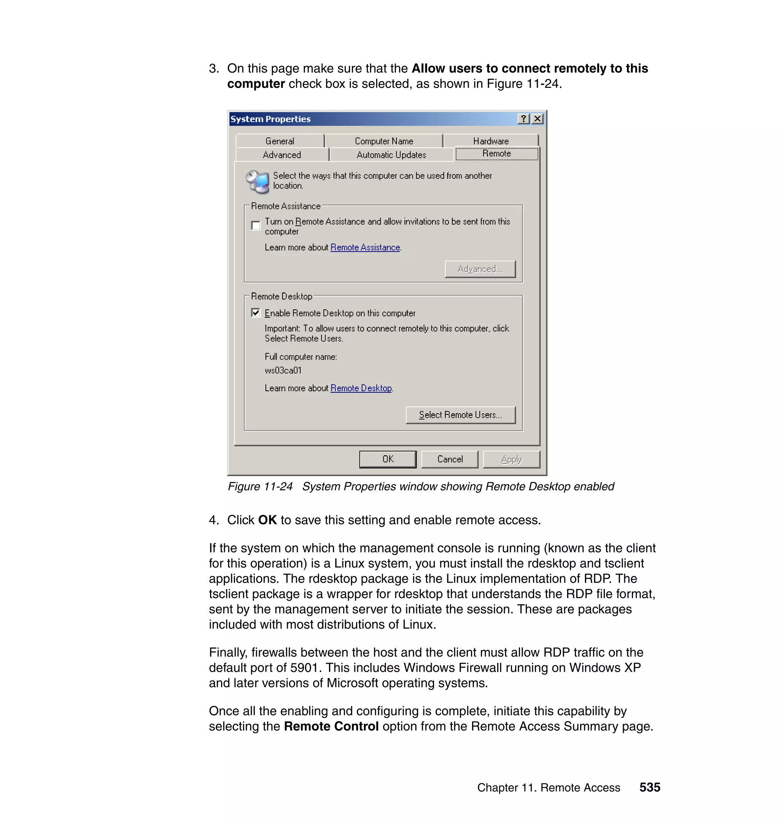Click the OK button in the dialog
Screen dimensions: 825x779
click(388, 459)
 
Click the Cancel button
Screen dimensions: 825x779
click(449, 459)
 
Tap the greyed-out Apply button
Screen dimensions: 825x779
click(511, 459)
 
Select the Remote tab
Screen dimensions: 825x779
click(496, 154)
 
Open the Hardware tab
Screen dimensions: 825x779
click(490, 141)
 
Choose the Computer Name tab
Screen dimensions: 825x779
click(383, 141)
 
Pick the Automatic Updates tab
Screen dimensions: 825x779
click(391, 154)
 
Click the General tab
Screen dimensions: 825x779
click(280, 141)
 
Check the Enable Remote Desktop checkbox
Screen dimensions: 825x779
click(256, 313)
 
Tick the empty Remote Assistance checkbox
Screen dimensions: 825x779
click(256, 226)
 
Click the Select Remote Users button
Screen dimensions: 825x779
click(460, 414)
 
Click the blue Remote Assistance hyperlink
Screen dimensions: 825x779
click(365, 247)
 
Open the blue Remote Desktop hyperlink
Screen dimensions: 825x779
click(361, 388)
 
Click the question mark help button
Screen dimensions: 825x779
click(524, 119)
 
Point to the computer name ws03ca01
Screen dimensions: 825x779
click(283, 370)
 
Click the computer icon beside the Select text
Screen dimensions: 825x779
click(258, 182)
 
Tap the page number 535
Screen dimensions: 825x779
click(649, 787)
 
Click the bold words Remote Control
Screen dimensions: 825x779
click(331, 726)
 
